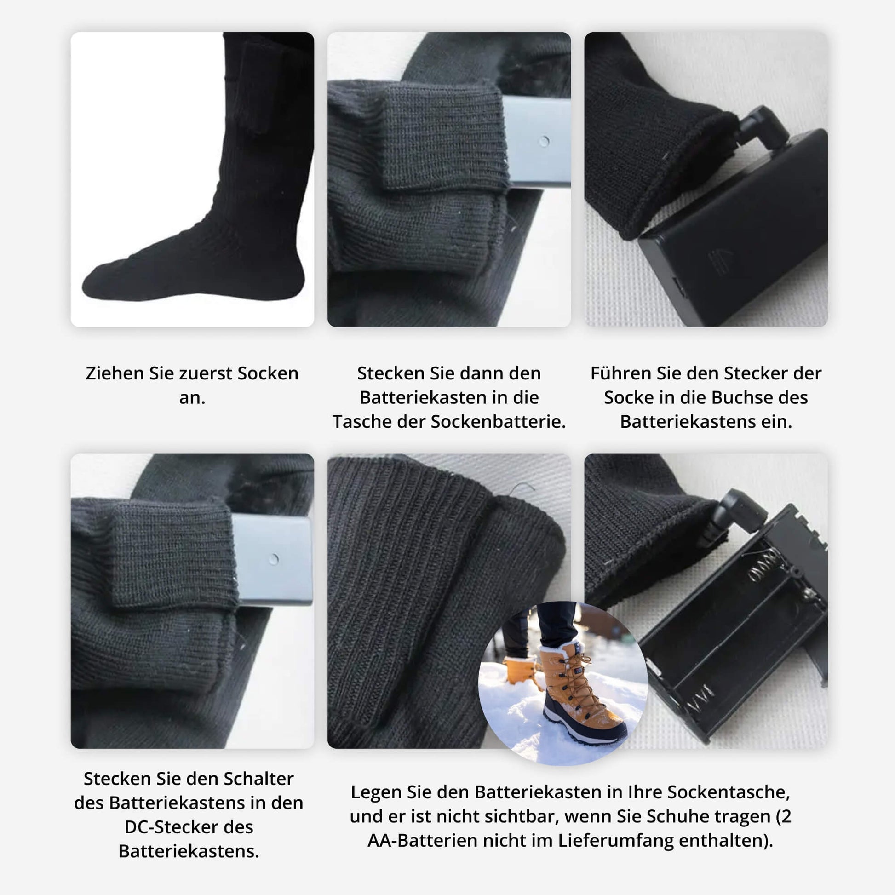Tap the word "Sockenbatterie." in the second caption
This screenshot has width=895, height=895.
499,422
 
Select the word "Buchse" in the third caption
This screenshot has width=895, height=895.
743,397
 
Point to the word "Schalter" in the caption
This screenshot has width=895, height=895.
258,779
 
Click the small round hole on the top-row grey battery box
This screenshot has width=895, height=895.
545,141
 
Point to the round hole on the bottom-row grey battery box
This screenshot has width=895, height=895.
274,559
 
